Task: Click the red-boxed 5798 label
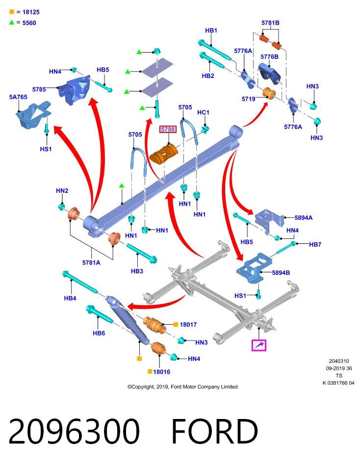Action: point(168,130)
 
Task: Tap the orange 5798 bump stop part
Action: point(164,153)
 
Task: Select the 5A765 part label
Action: point(18,97)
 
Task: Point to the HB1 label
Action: point(211,30)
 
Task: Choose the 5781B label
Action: point(270,23)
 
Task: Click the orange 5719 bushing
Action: point(269,93)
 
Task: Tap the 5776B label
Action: point(269,57)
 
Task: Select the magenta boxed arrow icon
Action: point(259,345)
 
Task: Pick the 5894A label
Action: point(303,218)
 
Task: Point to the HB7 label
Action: point(315,244)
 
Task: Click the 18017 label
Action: point(188,324)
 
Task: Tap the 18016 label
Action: point(161,372)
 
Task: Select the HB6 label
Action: point(99,333)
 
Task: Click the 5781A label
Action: point(91,262)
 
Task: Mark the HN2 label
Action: point(62,191)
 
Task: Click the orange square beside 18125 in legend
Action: point(12,12)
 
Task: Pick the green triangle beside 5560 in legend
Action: point(12,22)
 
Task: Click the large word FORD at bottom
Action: point(215,431)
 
